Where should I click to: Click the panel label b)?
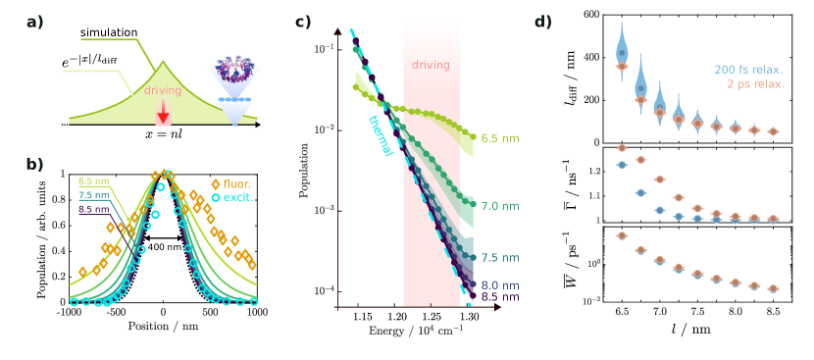pyautogui.click(x=34, y=163)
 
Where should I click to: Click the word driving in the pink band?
pyautogui.click(x=431, y=65)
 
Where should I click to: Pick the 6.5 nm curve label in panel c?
pyautogui.click(x=499, y=138)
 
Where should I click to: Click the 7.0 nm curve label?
pyautogui.click(x=499, y=206)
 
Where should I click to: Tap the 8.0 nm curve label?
pyautogui.click(x=499, y=285)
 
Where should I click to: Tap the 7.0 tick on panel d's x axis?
pyautogui.click(x=660, y=311)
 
